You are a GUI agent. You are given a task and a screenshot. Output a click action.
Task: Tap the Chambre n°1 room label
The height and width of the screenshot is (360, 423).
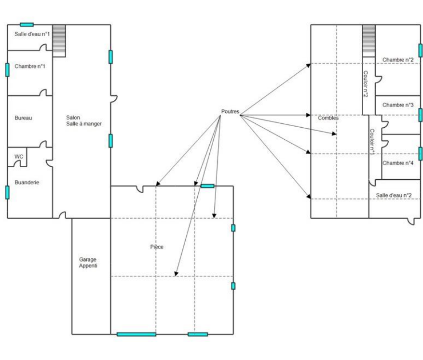[x=30, y=66]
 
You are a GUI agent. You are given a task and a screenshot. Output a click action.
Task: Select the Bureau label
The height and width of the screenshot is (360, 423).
[x=23, y=118]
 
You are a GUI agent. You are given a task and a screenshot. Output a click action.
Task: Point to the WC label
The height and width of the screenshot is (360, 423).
[x=19, y=157]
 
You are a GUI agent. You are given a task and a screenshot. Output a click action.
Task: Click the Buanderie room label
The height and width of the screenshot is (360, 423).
[x=27, y=183]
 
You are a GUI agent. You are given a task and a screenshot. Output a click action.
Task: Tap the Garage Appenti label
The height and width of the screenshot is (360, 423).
[x=88, y=262]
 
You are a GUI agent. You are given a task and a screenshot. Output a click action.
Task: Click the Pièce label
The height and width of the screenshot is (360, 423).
[x=157, y=247]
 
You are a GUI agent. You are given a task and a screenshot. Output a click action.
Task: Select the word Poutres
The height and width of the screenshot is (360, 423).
[x=230, y=112]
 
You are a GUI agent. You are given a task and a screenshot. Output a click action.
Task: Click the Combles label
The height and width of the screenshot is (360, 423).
[x=328, y=118]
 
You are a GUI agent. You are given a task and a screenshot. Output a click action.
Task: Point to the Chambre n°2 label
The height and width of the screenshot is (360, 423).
[x=398, y=60]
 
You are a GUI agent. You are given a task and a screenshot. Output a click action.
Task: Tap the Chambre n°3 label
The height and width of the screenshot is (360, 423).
[x=398, y=105]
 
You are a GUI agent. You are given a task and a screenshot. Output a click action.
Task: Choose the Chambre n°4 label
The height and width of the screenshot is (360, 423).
[x=398, y=163]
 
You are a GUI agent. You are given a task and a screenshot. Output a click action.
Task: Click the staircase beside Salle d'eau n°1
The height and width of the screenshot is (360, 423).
[x=59, y=40]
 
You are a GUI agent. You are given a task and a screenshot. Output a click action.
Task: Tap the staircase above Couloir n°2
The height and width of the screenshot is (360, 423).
[x=368, y=40]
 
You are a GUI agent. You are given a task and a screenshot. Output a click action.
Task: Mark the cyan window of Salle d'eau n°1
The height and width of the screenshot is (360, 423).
[x=27, y=24]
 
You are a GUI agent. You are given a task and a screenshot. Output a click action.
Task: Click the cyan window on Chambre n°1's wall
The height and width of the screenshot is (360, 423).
[x=7, y=69]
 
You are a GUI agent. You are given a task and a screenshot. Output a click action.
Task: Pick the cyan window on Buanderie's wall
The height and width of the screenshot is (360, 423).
[x=7, y=192]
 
